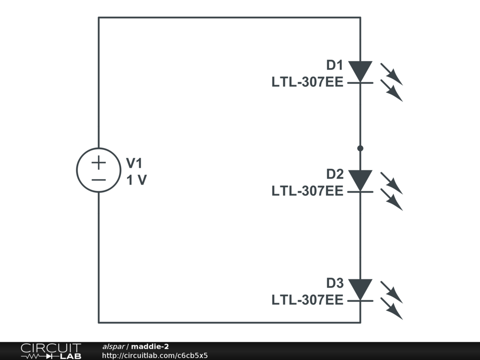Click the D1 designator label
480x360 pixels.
click(x=335, y=65)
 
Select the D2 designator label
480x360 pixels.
click(x=335, y=174)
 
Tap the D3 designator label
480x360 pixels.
click(x=335, y=284)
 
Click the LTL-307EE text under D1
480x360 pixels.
click(x=307, y=82)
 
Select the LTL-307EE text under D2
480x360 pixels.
click(x=307, y=192)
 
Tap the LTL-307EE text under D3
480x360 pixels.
click(x=307, y=300)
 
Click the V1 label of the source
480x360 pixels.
click(x=134, y=163)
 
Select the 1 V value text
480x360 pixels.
click(x=136, y=180)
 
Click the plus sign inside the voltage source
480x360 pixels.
click(x=98, y=163)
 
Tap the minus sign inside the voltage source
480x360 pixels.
click(x=98, y=180)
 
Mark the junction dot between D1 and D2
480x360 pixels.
click(x=360, y=148)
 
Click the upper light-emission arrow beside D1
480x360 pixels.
click(x=391, y=73)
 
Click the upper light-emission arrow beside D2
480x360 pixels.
click(x=391, y=182)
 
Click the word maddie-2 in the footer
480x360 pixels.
click(x=150, y=346)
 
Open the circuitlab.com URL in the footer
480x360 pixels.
click(x=155, y=355)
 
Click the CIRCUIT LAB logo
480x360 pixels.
click(x=51, y=351)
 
